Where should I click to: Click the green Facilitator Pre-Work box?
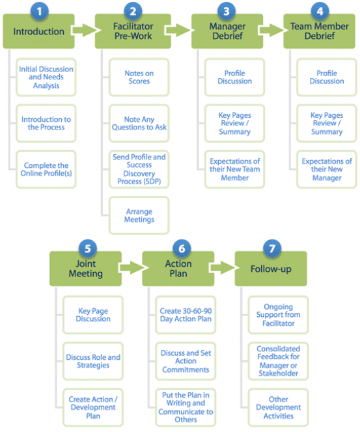(133, 32)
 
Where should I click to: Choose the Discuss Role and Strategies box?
(93, 361)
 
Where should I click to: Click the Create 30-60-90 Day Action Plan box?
(186, 316)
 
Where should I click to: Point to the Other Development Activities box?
(279, 407)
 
